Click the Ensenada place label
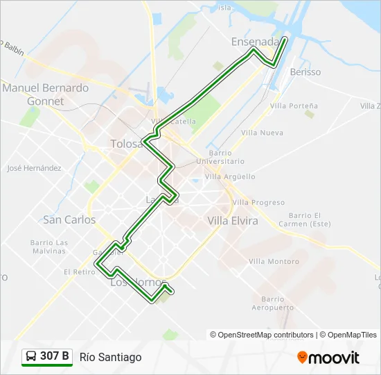[x=255, y=42]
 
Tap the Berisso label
[x=305, y=72]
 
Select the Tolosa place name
[x=126, y=144]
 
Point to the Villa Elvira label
[x=233, y=221]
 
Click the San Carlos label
[x=69, y=219]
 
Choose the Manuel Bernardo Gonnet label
[x=46, y=94]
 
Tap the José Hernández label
[x=34, y=168]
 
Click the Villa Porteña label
[x=294, y=106]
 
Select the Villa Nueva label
[x=263, y=132]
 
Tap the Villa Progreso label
[x=258, y=202]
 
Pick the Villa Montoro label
[x=274, y=261]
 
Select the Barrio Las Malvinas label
[x=48, y=247]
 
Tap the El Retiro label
[x=80, y=272]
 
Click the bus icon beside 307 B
[x=31, y=356]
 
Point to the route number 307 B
[x=55, y=356]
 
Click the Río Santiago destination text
[x=111, y=357]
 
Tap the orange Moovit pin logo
[x=302, y=358]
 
